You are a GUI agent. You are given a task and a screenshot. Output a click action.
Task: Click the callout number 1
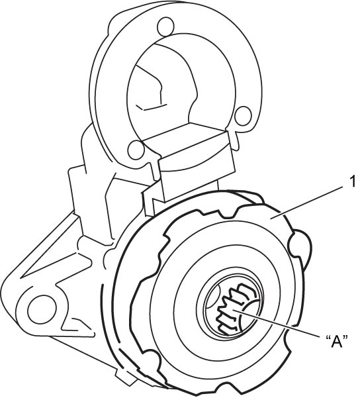[352, 182]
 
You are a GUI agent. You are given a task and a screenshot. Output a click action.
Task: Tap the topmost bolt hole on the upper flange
[165, 26]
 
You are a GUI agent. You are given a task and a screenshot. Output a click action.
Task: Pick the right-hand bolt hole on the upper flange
[243, 116]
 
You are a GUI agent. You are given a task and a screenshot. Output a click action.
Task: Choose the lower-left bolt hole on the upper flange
[136, 150]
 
